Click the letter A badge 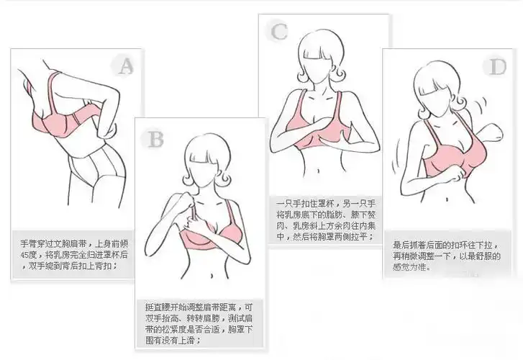pyautogui.click(x=126, y=67)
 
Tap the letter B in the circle pyautogui.click(x=155, y=138)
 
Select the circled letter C pyautogui.click(x=279, y=31)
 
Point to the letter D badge pyautogui.click(x=497, y=67)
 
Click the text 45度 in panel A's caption pyautogui.click(x=30, y=255)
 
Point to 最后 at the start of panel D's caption pyautogui.click(x=401, y=244)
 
